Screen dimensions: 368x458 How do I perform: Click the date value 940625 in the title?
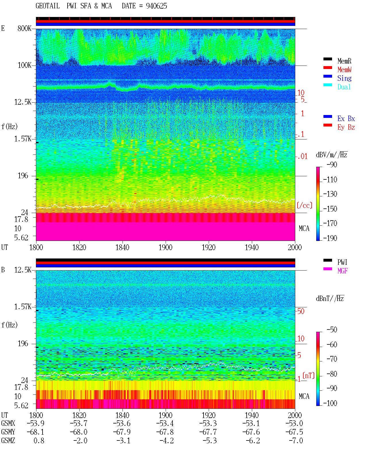[156, 6]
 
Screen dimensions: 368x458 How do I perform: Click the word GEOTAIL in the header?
[48, 6]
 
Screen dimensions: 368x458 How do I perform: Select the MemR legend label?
[344, 61]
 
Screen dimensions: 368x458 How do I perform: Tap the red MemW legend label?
[344, 70]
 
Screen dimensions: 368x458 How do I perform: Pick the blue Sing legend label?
[344, 78]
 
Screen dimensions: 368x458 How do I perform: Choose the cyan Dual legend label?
[344, 87]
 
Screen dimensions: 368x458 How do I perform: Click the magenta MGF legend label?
[342, 271]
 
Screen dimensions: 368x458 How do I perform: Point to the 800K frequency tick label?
[24, 28]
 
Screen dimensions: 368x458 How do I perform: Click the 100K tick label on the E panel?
[24, 65]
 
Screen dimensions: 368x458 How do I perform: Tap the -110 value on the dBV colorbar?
[330, 180]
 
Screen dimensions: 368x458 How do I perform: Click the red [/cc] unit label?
[304, 205]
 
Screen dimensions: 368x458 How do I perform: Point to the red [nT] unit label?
[308, 375]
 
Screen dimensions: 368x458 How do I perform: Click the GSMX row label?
[8, 423]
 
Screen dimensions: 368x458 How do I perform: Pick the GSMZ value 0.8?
[39, 441]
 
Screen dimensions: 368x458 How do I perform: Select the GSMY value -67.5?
[294, 432]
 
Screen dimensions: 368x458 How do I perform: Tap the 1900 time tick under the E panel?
[165, 248]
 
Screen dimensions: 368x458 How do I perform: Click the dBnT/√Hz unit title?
[330, 298]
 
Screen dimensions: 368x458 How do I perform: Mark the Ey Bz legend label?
[346, 127]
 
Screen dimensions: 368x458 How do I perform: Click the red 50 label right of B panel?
[301, 311]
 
